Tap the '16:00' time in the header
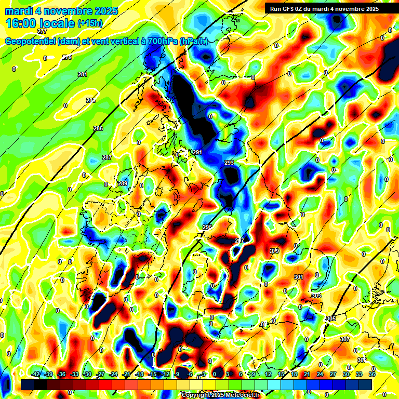pos(23,23)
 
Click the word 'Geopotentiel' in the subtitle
pos(31,42)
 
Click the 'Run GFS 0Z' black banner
pos(324,8)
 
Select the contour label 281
pos(83,75)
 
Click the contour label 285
pos(98,128)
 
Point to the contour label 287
pos(107,157)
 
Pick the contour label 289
pos(123,183)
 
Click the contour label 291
pos(197,152)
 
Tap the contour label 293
pos(229,163)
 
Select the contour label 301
pos(298,277)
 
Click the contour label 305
pos(331,318)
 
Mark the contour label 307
pos(344,339)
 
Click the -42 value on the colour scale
pos(36,374)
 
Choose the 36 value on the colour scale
pos(372,374)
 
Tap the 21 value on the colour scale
pos(307,374)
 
